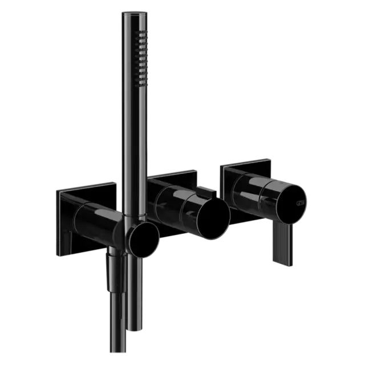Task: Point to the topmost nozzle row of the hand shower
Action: click(139, 35)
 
